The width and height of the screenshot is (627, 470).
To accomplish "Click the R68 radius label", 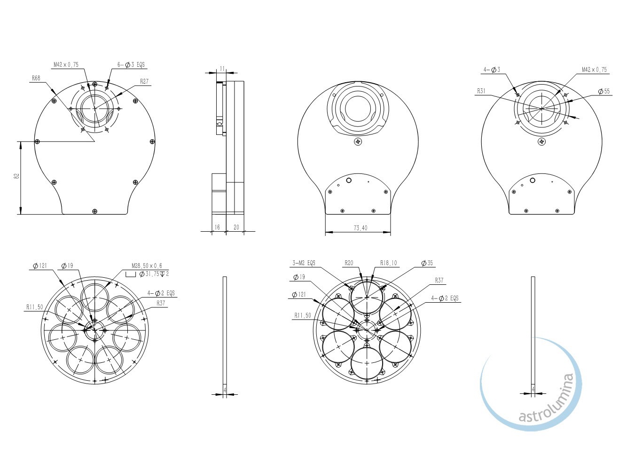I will [36, 78].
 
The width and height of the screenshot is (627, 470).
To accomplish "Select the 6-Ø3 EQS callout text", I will [131, 64].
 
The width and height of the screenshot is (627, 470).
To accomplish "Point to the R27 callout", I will [144, 81].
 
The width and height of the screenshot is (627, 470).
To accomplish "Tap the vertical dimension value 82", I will [16, 176].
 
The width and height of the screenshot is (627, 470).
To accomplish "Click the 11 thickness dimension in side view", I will [221, 69].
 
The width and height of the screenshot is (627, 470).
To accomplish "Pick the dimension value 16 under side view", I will [217, 227].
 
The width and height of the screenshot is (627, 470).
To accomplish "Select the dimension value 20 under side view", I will [236, 227].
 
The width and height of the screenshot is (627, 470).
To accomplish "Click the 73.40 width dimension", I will [361, 228].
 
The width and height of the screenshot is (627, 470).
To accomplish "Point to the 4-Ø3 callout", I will [492, 70].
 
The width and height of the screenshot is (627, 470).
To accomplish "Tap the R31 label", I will [481, 91].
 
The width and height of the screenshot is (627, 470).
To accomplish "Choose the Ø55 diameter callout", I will [604, 91].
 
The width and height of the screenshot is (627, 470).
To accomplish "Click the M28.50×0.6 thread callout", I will [147, 266].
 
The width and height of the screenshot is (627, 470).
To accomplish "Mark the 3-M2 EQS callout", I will [304, 263].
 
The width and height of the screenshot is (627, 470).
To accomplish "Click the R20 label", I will [349, 263].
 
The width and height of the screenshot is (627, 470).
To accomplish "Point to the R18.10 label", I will [389, 263].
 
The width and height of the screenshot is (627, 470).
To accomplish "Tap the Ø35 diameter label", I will [427, 263].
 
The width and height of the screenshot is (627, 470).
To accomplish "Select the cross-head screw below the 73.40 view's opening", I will [358, 141].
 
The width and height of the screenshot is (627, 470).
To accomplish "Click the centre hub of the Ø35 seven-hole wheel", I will [367, 329].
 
